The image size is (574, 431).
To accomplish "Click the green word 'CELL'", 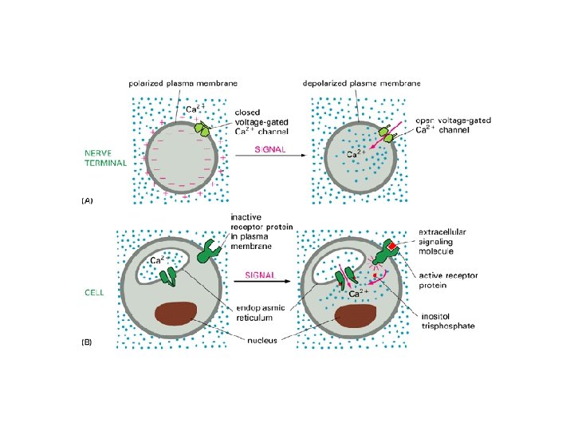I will (94, 293).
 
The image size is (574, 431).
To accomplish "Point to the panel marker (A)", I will (88, 202).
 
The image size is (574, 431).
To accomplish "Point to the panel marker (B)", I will (88, 342).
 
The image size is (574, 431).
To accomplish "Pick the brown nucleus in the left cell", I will (175, 314).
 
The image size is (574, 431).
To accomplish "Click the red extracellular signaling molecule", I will (391, 243).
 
